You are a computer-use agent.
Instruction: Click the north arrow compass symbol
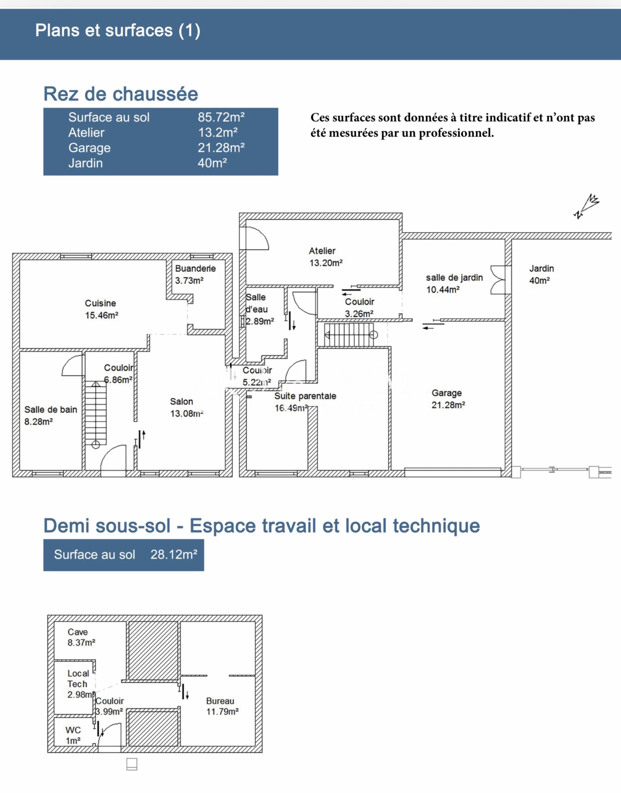click(x=586, y=206)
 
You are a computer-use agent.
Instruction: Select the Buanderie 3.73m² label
click(x=195, y=274)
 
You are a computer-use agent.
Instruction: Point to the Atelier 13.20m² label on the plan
click(x=326, y=257)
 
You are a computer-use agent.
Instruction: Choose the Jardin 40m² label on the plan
click(x=541, y=274)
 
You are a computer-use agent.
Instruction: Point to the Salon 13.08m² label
click(x=187, y=407)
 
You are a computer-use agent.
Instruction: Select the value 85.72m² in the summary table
click(x=221, y=117)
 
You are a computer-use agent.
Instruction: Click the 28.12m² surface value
click(x=174, y=554)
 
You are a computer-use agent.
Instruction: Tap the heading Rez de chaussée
click(x=121, y=94)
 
